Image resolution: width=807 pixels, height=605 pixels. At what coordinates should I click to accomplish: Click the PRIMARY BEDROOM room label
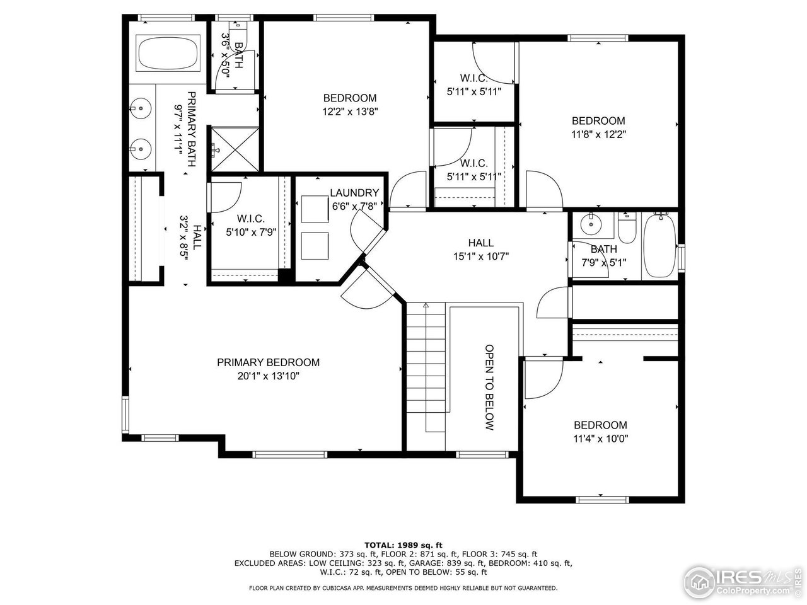click(x=268, y=362)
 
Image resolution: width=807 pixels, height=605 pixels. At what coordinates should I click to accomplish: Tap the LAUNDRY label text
click(x=354, y=193)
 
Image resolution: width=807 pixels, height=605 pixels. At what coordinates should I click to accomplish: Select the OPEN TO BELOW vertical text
click(x=489, y=387)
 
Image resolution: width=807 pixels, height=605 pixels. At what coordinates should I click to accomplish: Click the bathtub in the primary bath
click(x=167, y=54)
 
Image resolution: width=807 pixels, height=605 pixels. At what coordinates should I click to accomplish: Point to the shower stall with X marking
click(x=234, y=149)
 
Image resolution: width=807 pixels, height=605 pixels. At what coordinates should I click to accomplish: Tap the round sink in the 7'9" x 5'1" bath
click(x=591, y=222)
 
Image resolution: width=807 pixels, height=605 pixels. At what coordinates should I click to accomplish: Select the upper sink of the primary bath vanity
click(x=141, y=109)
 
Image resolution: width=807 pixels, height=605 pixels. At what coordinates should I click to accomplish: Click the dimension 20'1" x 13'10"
click(x=268, y=376)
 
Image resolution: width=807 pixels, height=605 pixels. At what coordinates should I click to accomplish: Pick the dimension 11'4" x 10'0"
click(x=600, y=439)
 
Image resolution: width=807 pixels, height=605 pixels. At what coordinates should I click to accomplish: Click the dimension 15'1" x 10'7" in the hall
click(x=480, y=256)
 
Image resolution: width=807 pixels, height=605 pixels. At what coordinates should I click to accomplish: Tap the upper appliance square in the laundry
click(x=314, y=209)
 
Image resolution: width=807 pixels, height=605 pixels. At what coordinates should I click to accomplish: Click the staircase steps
click(x=426, y=366)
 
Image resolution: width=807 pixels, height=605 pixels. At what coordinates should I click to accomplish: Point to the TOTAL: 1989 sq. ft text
click(x=403, y=544)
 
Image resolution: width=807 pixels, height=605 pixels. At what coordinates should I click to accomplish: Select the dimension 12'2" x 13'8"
click(x=350, y=112)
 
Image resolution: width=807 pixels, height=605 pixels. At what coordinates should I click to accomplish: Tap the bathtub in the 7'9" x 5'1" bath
click(x=659, y=246)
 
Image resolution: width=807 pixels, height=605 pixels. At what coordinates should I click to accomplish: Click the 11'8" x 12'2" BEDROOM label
click(x=598, y=120)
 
